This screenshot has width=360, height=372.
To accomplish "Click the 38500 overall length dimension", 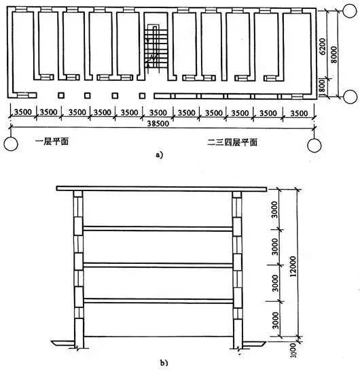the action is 158,123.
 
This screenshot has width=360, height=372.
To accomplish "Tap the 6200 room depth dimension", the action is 323,46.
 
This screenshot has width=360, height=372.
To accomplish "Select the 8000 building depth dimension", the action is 334,54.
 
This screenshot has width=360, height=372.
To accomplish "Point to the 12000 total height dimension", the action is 293,266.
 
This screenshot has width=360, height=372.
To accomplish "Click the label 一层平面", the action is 52,141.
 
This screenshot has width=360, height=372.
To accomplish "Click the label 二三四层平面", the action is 232,142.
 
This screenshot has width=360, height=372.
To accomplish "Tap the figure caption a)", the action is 159,155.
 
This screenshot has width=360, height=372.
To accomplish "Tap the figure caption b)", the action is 164,362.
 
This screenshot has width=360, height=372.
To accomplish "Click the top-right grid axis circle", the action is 350,11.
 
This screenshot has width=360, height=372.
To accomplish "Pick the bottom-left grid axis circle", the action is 11,144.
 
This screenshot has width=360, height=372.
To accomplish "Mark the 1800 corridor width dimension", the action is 323,87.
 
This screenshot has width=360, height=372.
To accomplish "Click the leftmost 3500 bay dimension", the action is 22,112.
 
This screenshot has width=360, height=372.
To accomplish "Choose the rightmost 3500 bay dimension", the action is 299,113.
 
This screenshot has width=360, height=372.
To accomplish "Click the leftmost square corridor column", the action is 61,95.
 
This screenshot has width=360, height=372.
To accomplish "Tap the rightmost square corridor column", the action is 142,96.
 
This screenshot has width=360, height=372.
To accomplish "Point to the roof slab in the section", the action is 162,188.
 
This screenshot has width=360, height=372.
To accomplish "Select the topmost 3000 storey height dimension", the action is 274,209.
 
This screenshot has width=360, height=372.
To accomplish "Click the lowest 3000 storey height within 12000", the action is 275,320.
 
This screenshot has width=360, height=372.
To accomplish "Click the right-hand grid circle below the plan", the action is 314,145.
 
